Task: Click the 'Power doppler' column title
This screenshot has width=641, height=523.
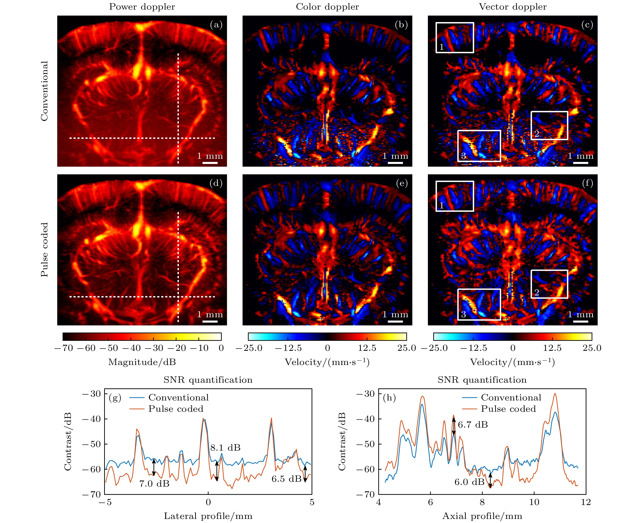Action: (x=142, y=7)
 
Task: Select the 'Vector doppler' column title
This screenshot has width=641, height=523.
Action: (x=513, y=7)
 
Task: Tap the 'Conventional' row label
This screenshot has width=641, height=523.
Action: (x=45, y=91)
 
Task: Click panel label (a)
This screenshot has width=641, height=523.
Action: (x=216, y=25)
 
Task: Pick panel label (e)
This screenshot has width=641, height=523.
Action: (x=402, y=183)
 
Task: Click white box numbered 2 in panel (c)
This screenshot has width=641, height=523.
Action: (x=549, y=125)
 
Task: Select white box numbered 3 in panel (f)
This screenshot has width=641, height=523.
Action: (x=479, y=305)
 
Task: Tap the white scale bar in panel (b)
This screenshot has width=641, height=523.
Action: (x=395, y=163)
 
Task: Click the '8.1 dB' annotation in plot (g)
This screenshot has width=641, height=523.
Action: (x=225, y=448)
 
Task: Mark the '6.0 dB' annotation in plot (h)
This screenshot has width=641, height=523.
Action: (x=469, y=482)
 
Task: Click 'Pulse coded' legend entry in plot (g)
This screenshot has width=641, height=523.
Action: (x=176, y=409)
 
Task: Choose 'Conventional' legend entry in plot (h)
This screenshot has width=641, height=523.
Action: (x=511, y=398)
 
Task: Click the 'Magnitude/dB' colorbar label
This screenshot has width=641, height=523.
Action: (x=142, y=362)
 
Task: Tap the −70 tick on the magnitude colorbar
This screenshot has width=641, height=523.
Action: (x=63, y=348)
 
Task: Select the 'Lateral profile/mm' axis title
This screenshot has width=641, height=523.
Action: (x=208, y=516)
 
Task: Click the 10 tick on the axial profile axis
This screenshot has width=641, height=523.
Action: (x=534, y=502)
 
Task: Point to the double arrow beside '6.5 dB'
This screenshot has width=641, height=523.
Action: (x=305, y=474)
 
